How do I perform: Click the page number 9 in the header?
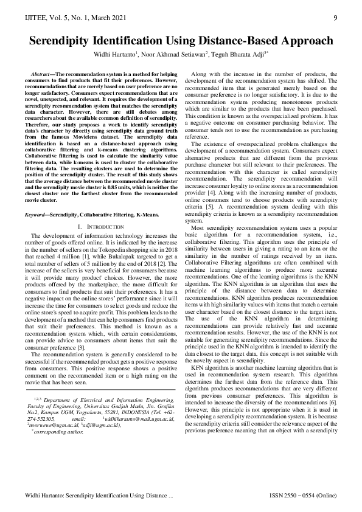coord(335,18)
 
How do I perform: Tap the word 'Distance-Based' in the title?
coord(234,41)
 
